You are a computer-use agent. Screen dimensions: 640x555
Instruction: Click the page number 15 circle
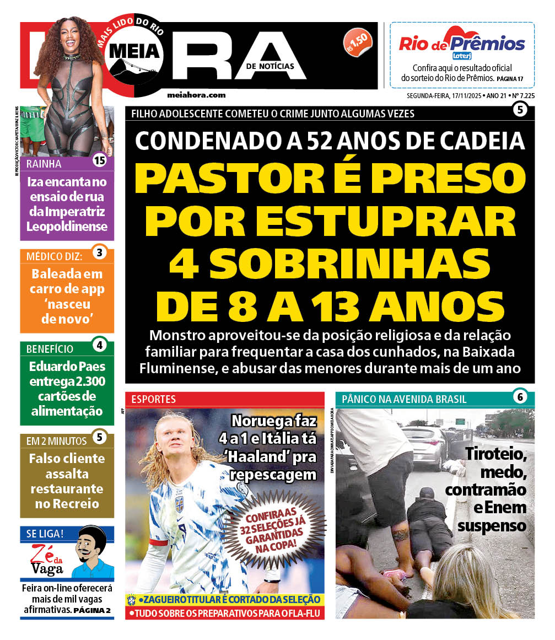coord(99,161)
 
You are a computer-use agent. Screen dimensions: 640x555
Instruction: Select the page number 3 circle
coord(99,253)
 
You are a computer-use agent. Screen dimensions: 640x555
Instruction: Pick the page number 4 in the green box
coord(99,346)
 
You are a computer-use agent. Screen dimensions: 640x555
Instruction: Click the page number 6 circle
coord(519,396)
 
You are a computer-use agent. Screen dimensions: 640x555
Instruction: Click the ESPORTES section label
coord(154,399)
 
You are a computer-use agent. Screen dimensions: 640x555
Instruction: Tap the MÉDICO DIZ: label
coord(55,256)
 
